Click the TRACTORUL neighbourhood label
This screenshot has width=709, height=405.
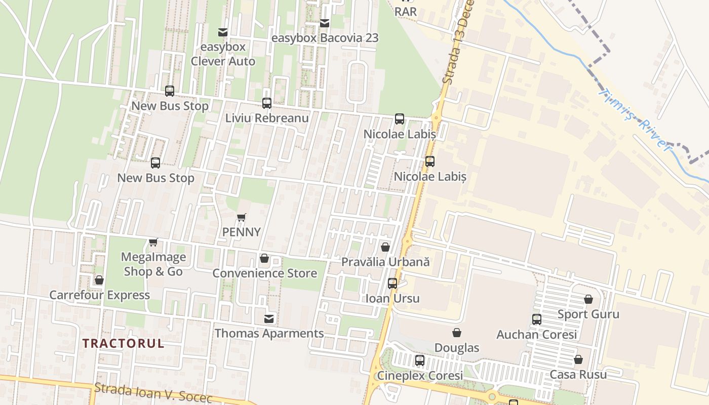tap(123, 343)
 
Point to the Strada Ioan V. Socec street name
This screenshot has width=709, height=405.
tap(153, 393)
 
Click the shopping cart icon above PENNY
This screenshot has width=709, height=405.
tap(242, 218)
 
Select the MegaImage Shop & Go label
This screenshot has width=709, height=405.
tap(153, 264)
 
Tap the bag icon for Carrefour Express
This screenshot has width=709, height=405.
tap(99, 280)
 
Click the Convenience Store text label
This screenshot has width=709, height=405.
tap(264, 273)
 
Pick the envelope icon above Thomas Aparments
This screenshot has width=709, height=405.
tap(269, 319)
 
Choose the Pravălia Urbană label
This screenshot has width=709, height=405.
tap(385, 262)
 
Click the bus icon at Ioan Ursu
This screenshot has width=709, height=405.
tap(392, 283)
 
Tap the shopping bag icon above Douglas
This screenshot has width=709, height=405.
tap(457, 333)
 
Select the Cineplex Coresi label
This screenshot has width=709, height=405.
tap(419, 376)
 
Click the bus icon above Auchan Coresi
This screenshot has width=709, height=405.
tap(537, 319)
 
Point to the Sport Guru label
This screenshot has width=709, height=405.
tap(588, 314)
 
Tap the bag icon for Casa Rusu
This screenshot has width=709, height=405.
tap(578, 360)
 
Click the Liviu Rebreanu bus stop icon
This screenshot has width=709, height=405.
tap(267, 103)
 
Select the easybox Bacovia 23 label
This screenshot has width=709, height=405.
tap(325, 38)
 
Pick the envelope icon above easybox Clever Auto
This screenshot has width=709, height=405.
tap(222, 32)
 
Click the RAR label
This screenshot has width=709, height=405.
tap(405, 11)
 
